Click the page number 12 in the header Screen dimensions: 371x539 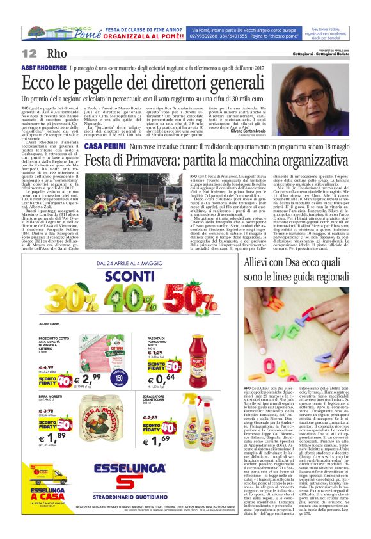coord(29,53)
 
